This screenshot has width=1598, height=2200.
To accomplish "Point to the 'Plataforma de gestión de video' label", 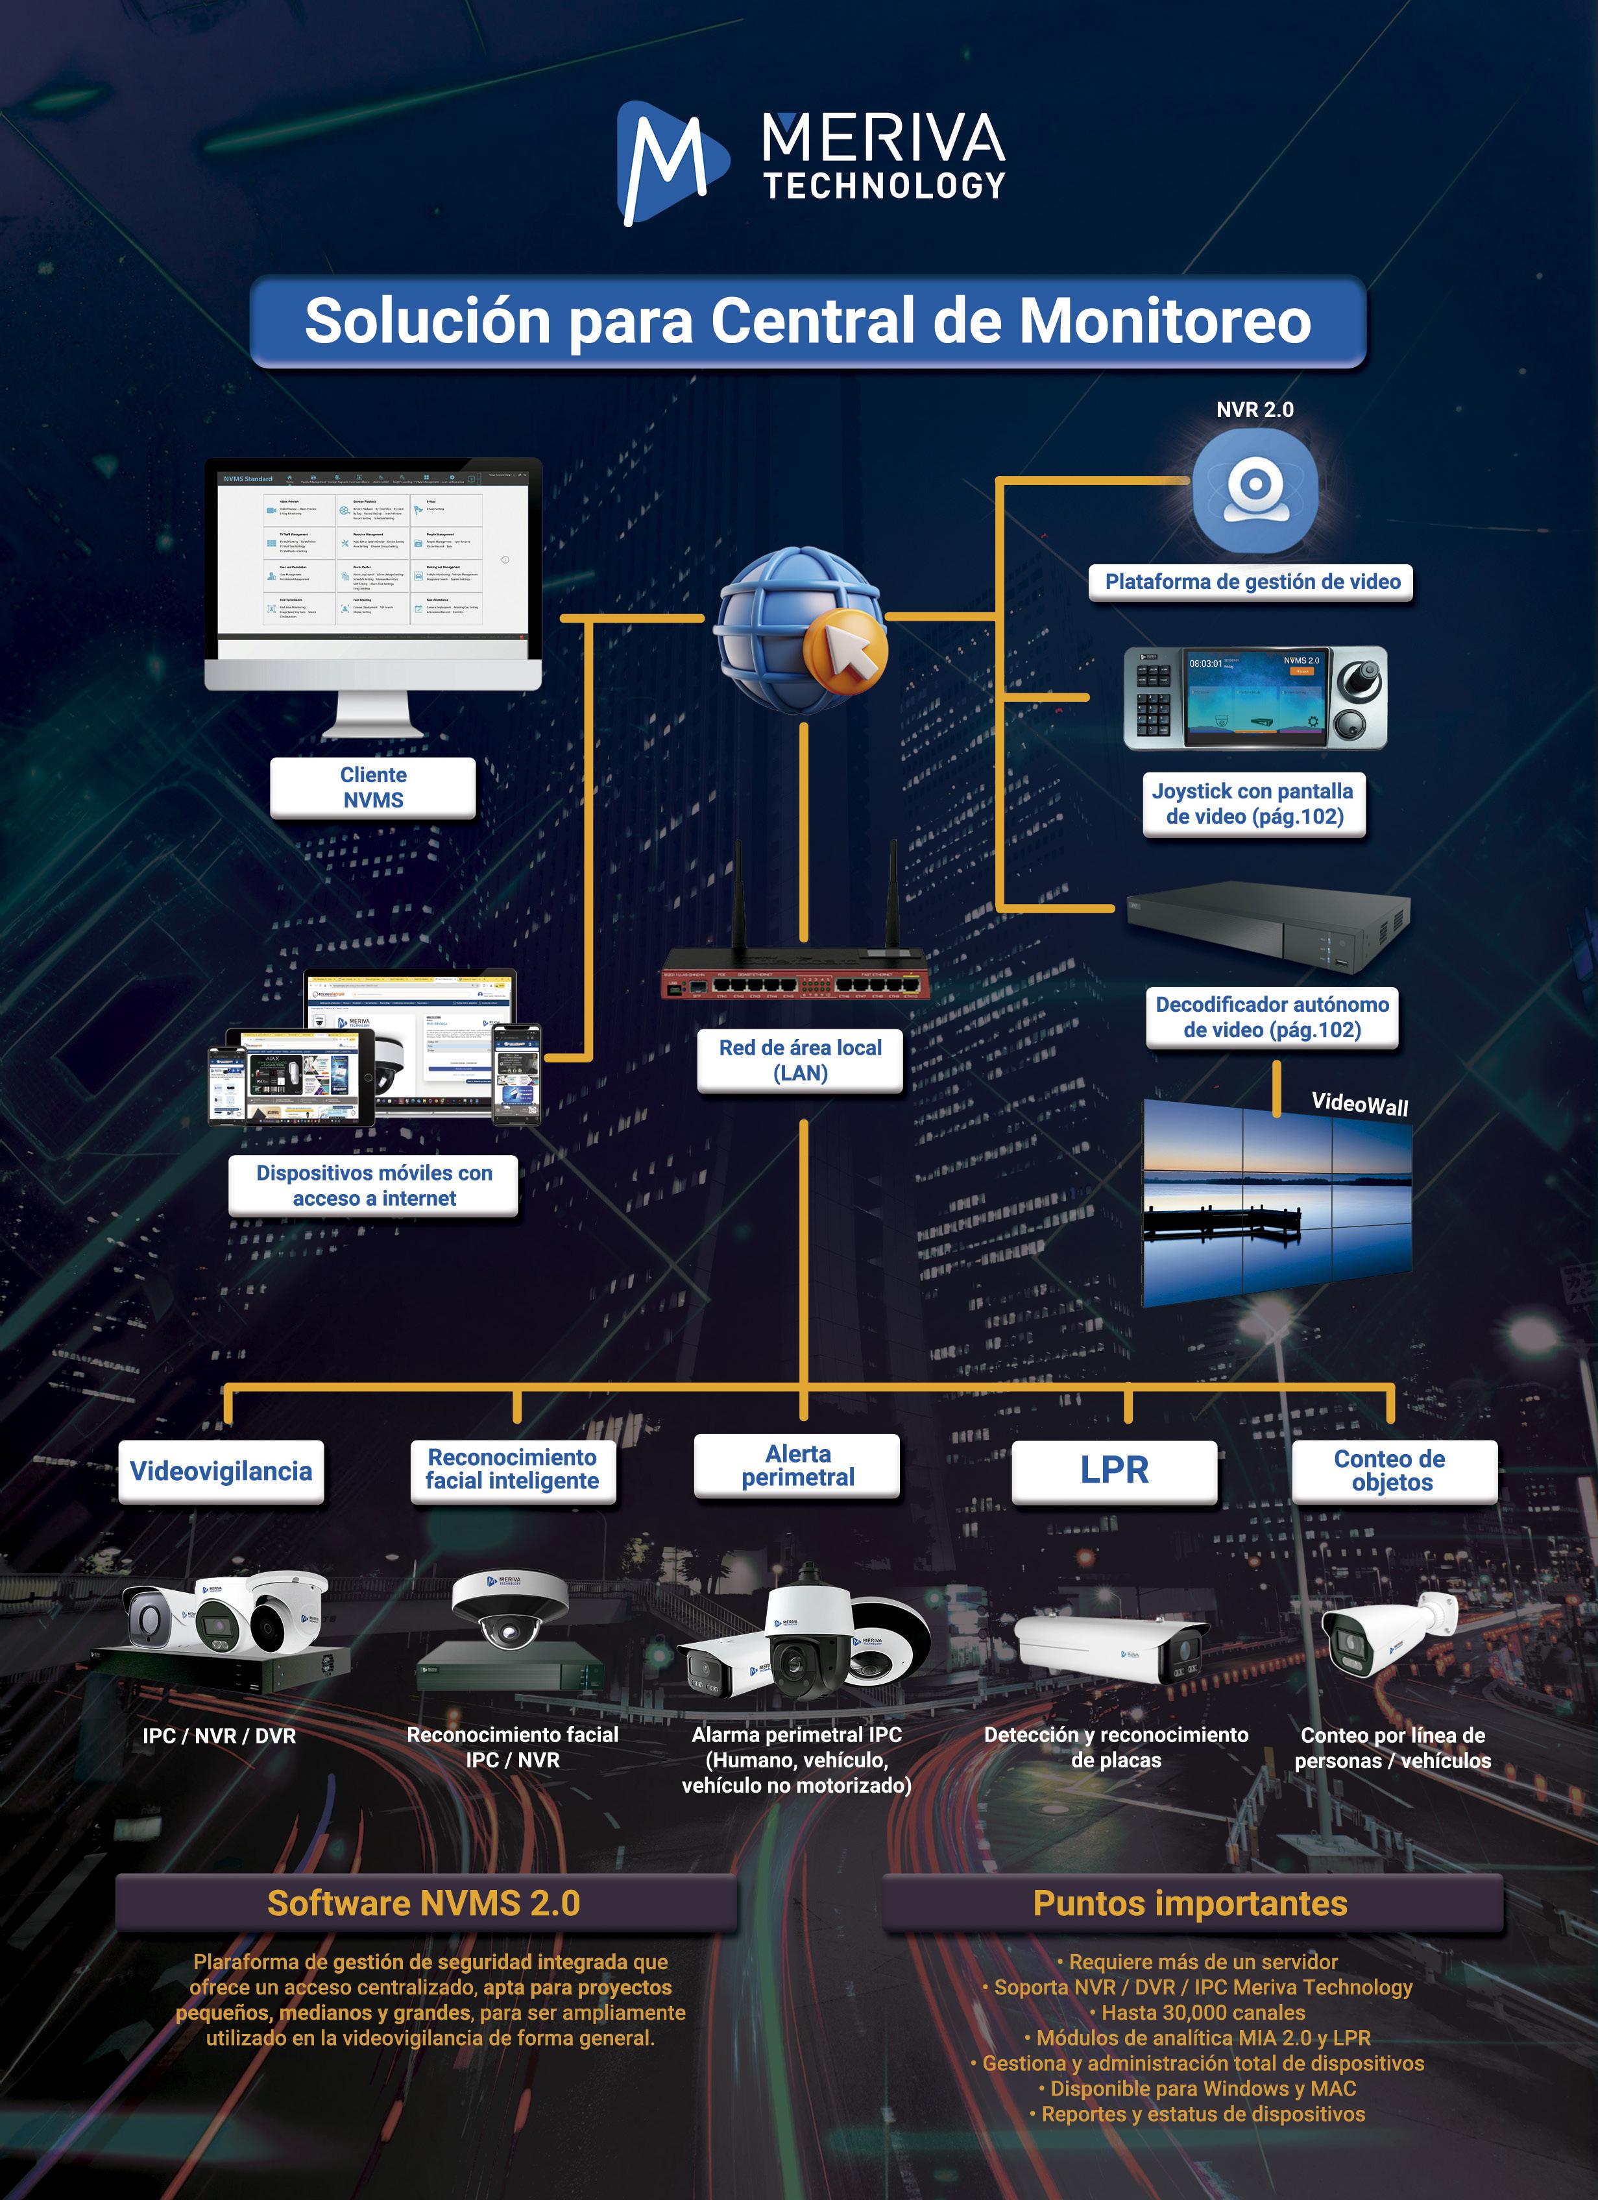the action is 1252,582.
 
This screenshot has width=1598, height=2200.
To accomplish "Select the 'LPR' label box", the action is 1114,1470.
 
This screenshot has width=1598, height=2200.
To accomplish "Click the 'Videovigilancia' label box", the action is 221,1470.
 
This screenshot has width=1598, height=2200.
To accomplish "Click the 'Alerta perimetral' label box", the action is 797,1466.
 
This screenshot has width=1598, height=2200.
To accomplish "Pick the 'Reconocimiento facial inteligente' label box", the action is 513,1470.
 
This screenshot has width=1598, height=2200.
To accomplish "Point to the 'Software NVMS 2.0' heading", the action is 424,1903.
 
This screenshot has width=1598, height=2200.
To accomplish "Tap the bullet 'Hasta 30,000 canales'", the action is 1201,2013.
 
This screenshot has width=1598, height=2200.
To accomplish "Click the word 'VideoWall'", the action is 1359,1104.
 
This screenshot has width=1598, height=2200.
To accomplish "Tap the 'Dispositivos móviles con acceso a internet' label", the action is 374,1186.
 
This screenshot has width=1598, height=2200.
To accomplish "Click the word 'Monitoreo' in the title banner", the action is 1165,322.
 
